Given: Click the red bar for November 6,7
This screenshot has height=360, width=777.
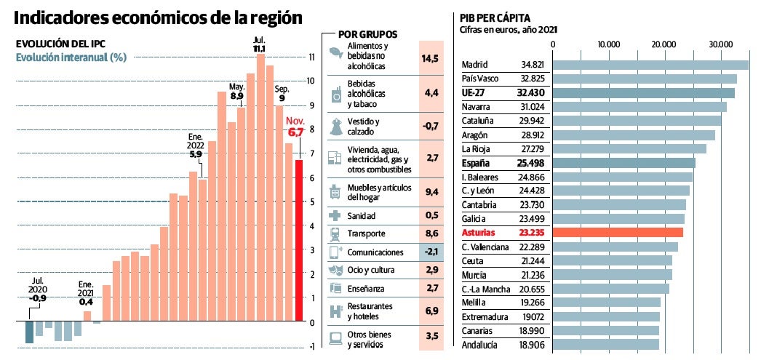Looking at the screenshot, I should (298, 240).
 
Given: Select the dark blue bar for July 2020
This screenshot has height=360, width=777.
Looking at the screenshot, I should (29, 332).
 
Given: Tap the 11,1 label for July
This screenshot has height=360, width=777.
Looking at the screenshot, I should (259, 48).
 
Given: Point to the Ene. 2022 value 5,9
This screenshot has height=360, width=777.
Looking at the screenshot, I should (195, 154).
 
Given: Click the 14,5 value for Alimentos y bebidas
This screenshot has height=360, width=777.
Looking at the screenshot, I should (430, 57).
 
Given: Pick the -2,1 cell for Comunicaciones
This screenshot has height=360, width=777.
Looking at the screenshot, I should (430, 252).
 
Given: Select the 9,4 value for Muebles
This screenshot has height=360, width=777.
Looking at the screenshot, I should (430, 192).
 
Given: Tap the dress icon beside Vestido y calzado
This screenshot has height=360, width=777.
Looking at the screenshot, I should (335, 127).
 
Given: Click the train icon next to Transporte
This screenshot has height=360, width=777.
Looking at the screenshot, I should (335, 234).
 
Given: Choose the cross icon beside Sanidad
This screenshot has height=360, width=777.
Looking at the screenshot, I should (335, 216).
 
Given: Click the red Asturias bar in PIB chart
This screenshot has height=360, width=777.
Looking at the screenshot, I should (618, 233).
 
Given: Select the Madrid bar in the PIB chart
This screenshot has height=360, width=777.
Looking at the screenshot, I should (651, 65).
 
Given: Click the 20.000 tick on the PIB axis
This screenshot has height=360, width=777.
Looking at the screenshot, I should (665, 44).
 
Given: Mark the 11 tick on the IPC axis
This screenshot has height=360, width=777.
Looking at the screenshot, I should (311, 57).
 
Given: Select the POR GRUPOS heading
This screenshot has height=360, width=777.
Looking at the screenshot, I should (367, 34).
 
